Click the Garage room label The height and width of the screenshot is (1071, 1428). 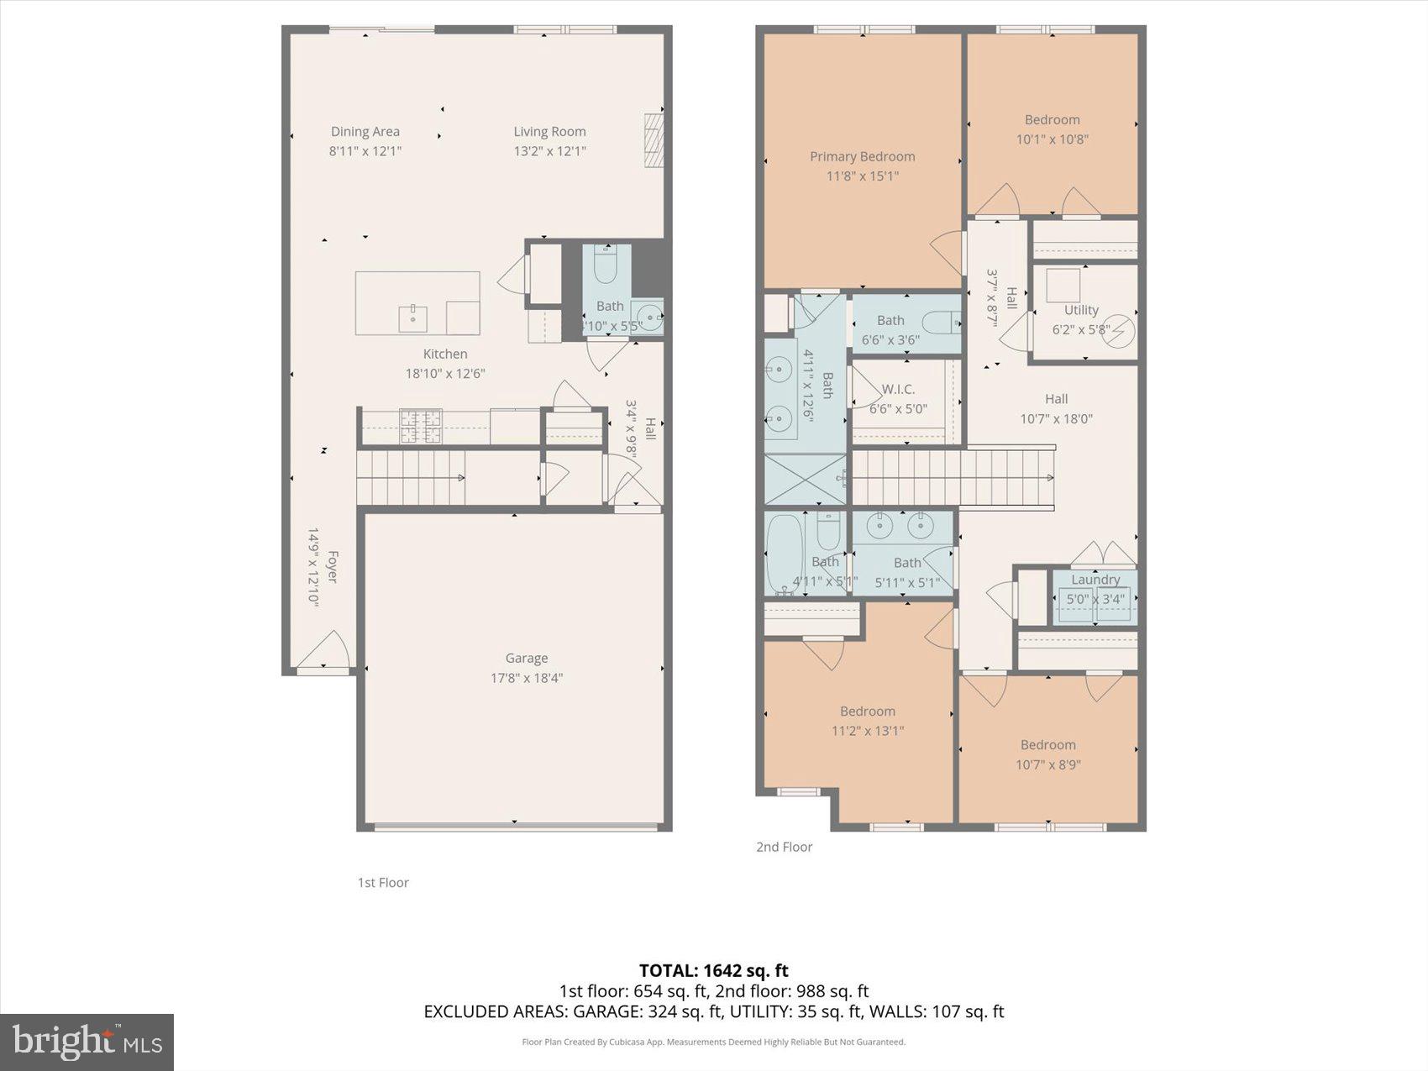[x=527, y=659]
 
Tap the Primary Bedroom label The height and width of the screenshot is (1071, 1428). [x=862, y=156]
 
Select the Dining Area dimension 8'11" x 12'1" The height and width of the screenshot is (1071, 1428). [x=365, y=151]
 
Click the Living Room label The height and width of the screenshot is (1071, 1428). [x=549, y=131]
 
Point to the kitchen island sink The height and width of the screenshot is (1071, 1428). [x=412, y=318]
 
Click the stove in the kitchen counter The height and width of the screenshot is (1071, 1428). [x=420, y=426]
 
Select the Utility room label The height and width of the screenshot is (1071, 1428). [x=1081, y=310]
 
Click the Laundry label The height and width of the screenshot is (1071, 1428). [x=1095, y=580]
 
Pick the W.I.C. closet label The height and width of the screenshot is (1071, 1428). [x=898, y=389]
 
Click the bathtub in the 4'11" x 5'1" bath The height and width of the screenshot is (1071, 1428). [x=784, y=554]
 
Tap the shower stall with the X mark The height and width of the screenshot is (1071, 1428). [x=804, y=480]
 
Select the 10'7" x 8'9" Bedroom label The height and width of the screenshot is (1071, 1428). [x=1047, y=745]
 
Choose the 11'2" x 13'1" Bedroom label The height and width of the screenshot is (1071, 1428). [x=867, y=711]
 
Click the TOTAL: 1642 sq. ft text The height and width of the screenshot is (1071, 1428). [x=713, y=971]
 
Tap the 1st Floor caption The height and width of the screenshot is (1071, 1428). [x=383, y=882]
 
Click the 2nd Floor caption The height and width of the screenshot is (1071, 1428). [x=784, y=847]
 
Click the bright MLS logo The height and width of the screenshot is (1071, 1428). [x=87, y=1042]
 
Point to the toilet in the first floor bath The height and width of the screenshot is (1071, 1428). [x=606, y=266]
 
